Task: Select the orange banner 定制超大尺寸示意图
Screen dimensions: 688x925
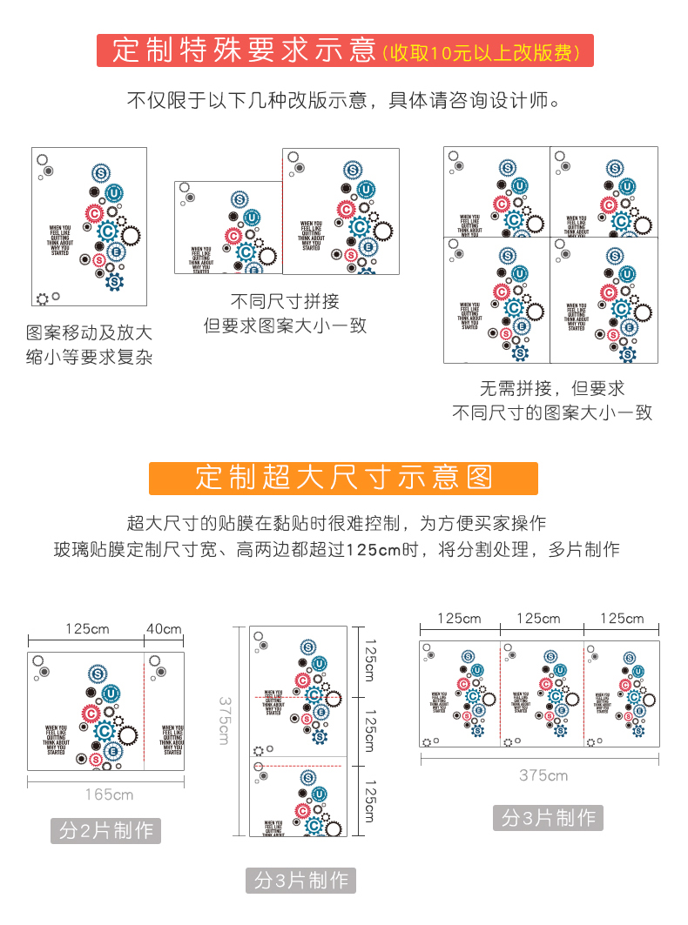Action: [x=344, y=478]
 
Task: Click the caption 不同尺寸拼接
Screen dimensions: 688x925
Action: [x=285, y=302]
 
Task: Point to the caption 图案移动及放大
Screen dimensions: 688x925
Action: [x=90, y=332]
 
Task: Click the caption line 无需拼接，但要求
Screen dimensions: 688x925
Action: [x=551, y=388]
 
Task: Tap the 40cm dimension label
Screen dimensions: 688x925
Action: [x=164, y=629]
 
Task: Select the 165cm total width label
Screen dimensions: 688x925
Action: [x=109, y=794]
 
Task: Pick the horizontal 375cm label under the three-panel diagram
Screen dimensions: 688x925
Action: [x=543, y=775]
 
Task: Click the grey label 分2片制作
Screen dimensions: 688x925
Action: [x=105, y=831]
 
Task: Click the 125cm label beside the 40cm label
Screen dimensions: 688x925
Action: [x=86, y=629]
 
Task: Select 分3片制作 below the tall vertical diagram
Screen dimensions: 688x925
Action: [x=300, y=881]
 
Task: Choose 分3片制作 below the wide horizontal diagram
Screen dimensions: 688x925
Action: [x=548, y=818]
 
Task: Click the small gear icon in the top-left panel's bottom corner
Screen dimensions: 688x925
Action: [x=41, y=298]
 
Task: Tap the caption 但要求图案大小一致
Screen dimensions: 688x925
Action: [x=285, y=326]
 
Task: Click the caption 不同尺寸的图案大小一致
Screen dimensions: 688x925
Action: [x=551, y=412]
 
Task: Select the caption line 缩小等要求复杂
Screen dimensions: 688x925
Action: [x=90, y=357]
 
